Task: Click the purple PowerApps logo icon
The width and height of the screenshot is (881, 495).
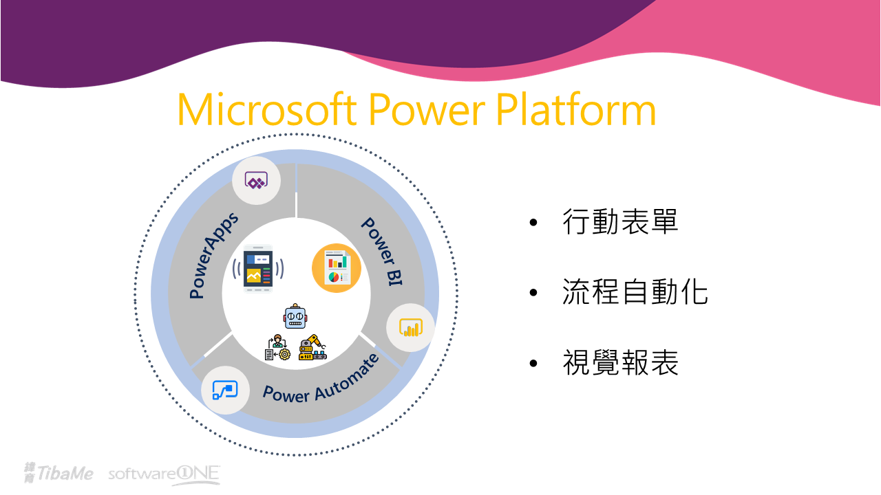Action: [x=256, y=181]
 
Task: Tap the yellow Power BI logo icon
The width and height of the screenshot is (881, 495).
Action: [x=411, y=328]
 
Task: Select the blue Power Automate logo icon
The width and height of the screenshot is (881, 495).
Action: [x=224, y=390]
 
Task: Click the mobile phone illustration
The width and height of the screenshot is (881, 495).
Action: [x=258, y=269]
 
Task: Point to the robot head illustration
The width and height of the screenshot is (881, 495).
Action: [x=295, y=316]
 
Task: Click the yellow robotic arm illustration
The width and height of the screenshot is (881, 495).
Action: [x=312, y=347]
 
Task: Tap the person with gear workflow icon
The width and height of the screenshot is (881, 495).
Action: [x=277, y=347]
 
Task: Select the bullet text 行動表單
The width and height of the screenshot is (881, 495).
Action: [x=620, y=222]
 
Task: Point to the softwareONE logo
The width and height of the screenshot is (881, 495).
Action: [x=164, y=474]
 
